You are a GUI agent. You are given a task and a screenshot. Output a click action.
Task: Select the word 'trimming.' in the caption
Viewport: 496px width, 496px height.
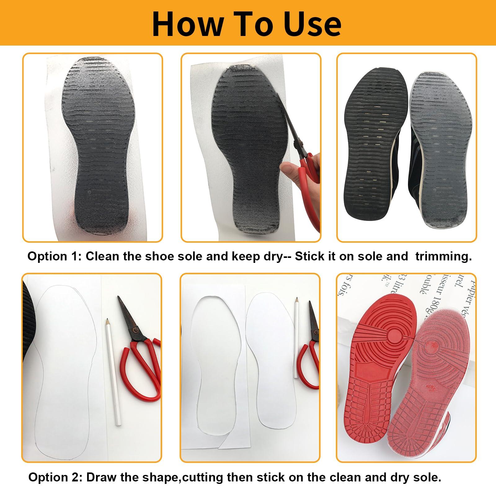pos(443,256)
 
